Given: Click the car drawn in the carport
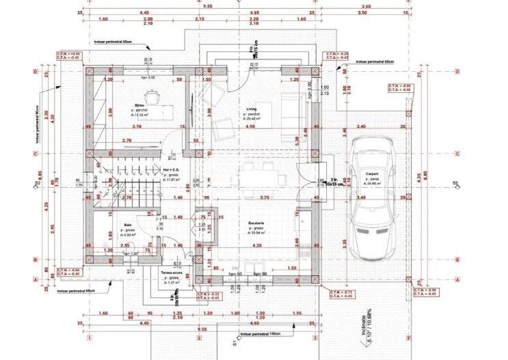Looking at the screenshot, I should pos(373,198).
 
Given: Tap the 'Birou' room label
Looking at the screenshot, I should pos(139,105).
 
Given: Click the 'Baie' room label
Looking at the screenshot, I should pos(127,225).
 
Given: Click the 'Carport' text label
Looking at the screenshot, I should pos(372,174).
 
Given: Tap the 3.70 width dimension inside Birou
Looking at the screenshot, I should pos(136,126).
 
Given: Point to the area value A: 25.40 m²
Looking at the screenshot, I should pos(254,118).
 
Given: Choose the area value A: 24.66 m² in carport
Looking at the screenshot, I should pos(373,184).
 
